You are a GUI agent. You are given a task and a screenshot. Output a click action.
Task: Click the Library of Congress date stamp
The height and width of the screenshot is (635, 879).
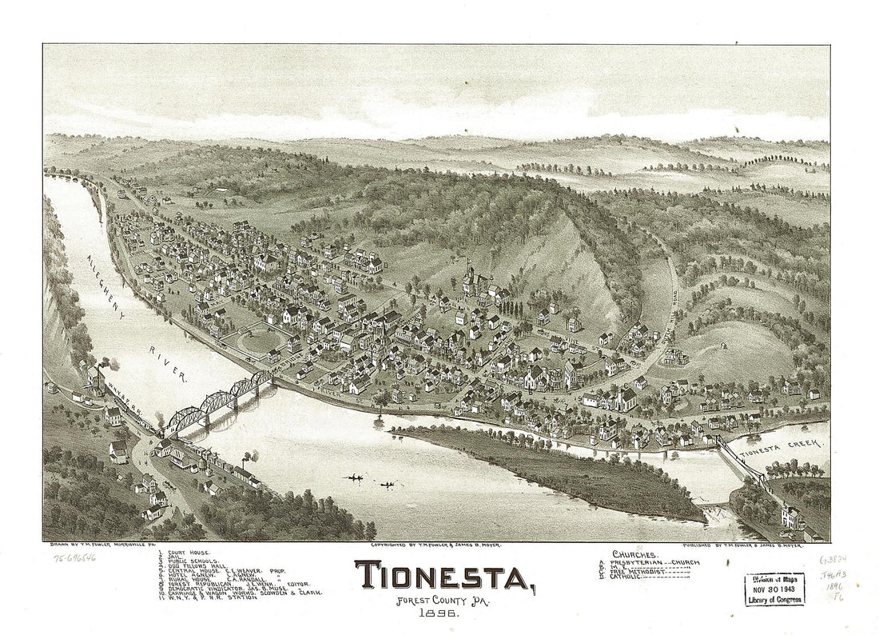pyautogui.click(x=774, y=589)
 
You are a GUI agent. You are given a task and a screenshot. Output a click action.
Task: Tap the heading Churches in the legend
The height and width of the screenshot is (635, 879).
pyautogui.click(x=638, y=553)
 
